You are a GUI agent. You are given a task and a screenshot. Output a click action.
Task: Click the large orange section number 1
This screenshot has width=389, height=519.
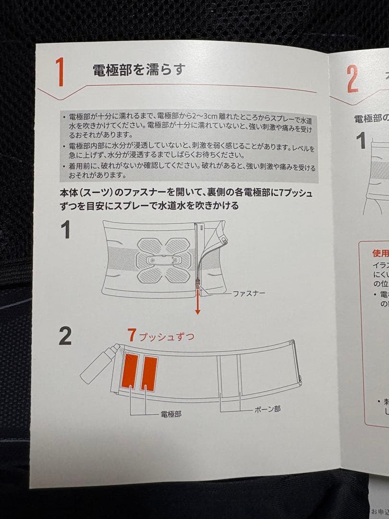tap(60, 72)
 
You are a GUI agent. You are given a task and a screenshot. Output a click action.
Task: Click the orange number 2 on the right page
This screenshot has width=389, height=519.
tap(352, 79)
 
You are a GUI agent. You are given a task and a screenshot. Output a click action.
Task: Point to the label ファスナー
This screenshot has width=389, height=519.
tap(248, 293)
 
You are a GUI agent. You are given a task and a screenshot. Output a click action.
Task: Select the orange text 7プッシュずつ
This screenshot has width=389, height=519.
tap(161, 336)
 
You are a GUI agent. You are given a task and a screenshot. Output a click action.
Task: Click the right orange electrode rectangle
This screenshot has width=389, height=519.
tap(149, 373)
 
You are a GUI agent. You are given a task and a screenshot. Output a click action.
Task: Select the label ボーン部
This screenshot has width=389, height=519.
tap(267, 409)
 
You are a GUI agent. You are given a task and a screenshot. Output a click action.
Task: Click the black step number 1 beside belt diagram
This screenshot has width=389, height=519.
tap(65, 230)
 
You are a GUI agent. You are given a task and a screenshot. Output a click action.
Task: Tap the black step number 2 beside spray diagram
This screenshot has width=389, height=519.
tap(65, 336)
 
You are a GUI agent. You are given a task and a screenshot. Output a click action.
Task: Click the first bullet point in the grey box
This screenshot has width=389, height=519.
tap(64, 117)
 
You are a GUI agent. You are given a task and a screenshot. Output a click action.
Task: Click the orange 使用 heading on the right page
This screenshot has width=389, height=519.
tap(379, 253)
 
